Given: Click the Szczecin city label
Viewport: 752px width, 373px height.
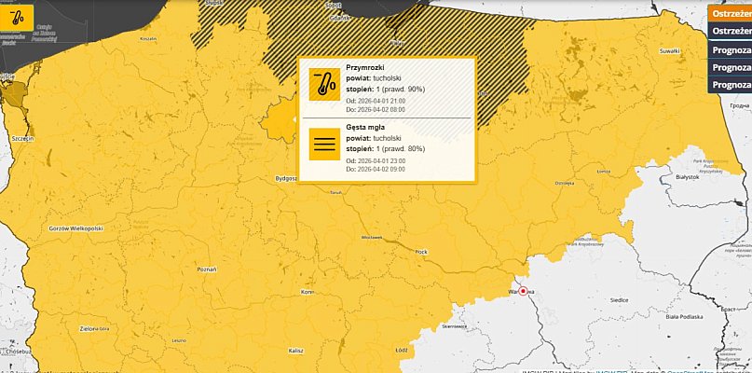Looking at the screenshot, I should click(x=23, y=137).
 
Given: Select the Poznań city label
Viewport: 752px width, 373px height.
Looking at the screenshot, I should click(x=207, y=268).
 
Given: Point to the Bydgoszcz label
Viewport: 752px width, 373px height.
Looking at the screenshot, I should click(x=285, y=177).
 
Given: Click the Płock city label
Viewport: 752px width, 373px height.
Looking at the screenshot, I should click(x=421, y=251).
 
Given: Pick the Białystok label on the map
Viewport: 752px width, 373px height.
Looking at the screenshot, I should click(x=688, y=176).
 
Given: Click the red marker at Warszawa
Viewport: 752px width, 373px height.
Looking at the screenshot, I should click(x=524, y=291).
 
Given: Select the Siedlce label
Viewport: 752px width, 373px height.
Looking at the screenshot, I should click(x=617, y=300).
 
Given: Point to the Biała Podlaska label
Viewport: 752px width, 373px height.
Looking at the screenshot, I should click(x=684, y=317).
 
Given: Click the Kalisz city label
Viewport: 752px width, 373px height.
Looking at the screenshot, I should click(x=295, y=350).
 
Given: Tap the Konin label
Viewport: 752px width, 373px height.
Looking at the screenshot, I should click(x=307, y=293).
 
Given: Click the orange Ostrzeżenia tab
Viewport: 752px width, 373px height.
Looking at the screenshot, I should click(x=731, y=13).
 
